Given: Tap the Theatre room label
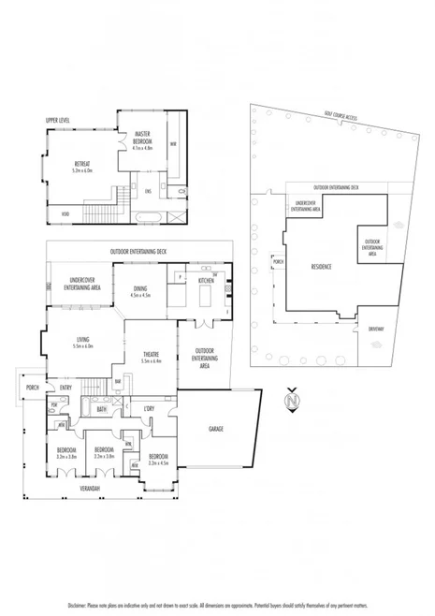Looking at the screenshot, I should (x=152, y=356).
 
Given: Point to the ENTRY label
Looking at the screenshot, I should (x=65, y=388).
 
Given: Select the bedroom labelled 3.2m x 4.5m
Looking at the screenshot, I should (x=157, y=459).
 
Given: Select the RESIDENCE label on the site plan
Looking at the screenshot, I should (x=323, y=266).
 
